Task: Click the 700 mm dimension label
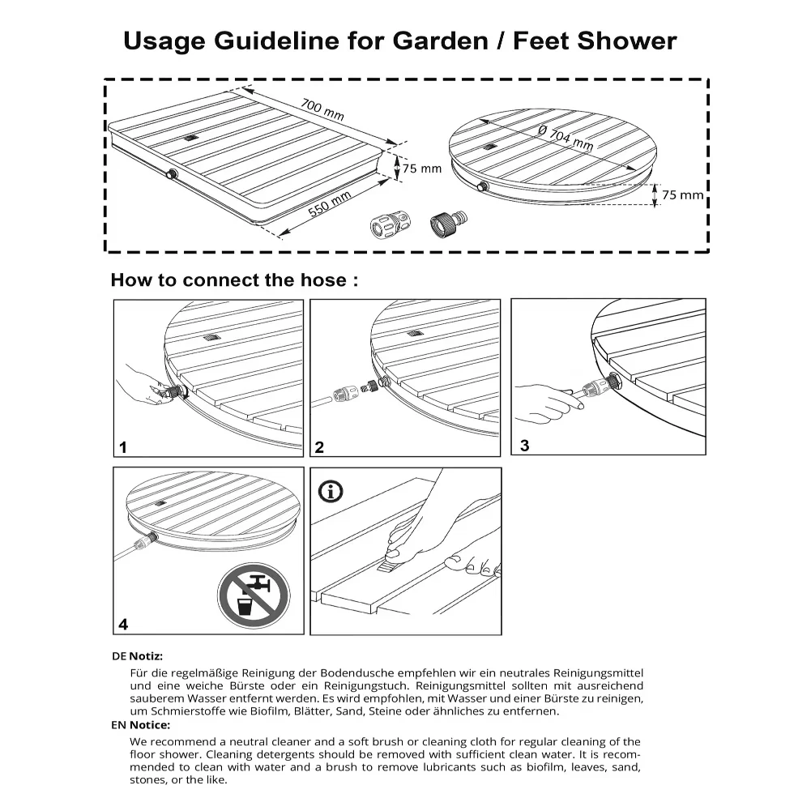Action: point(322,109)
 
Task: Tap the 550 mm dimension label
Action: point(330,203)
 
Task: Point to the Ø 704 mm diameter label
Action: point(566,138)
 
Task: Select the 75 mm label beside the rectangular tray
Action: point(422,169)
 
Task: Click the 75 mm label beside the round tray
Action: point(683,195)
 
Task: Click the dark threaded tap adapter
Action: point(448,224)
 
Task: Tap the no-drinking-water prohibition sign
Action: point(254,595)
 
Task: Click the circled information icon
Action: point(331,491)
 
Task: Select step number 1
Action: point(122,447)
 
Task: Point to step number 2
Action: point(319,447)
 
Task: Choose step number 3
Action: point(524,446)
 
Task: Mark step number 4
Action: point(123,625)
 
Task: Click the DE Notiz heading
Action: point(137,655)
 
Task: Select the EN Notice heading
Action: point(141,724)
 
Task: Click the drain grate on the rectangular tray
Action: point(191,138)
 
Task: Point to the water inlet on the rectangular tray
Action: point(172,174)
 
